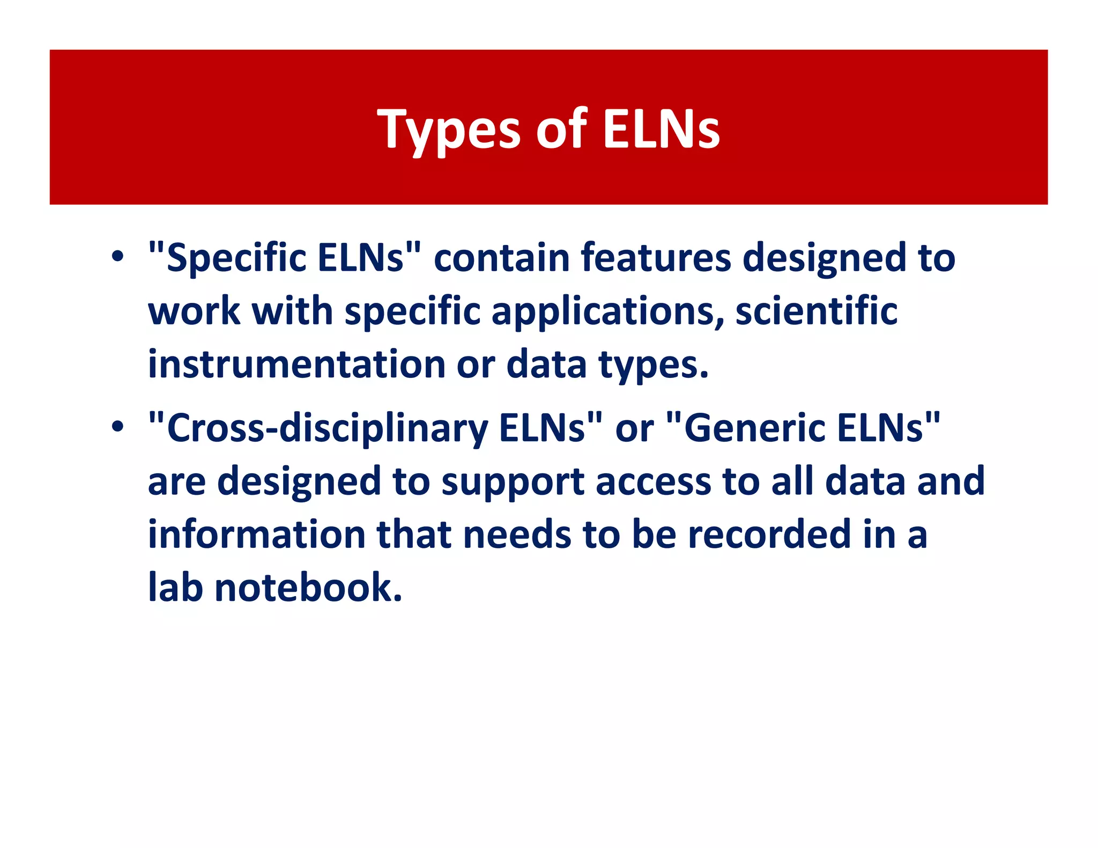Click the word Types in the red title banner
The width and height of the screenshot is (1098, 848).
449,130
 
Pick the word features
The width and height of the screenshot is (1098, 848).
656,257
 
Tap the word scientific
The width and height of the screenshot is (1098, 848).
816,311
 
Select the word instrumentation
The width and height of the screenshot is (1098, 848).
296,365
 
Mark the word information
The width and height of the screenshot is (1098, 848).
257,534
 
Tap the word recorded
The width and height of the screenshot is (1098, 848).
769,534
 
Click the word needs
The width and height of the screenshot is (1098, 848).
517,534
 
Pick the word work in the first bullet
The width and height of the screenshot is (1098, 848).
194,311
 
